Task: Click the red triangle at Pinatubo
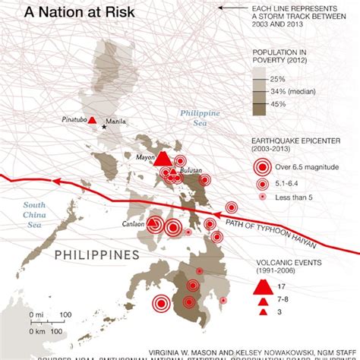point(92,121)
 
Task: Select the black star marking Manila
point(105,126)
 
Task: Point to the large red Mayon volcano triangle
point(162,158)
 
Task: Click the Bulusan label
point(191,172)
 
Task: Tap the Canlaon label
point(134,224)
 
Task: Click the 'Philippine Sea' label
point(199,118)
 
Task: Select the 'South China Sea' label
point(34,214)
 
